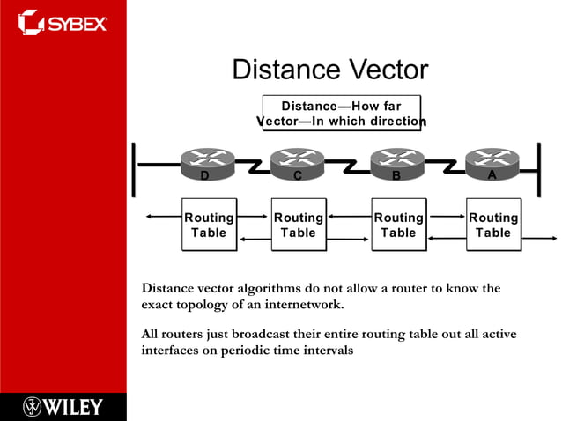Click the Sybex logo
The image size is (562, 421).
tap(63, 21)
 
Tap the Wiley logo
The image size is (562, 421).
tap(63, 406)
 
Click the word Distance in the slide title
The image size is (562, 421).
tap(285, 70)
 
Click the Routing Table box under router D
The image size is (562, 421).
tap(209, 225)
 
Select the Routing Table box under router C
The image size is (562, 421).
tap(298, 225)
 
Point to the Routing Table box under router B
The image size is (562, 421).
tap(398, 225)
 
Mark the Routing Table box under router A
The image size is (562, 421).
tap(492, 225)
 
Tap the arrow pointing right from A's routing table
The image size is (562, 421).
tap(539, 238)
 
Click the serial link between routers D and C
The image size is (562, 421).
tap(253, 165)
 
